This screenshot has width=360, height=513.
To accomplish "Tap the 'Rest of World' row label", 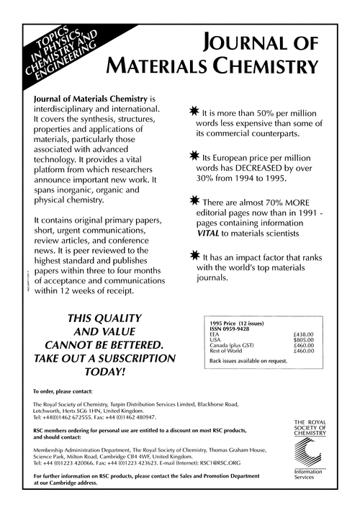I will [225, 351].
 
